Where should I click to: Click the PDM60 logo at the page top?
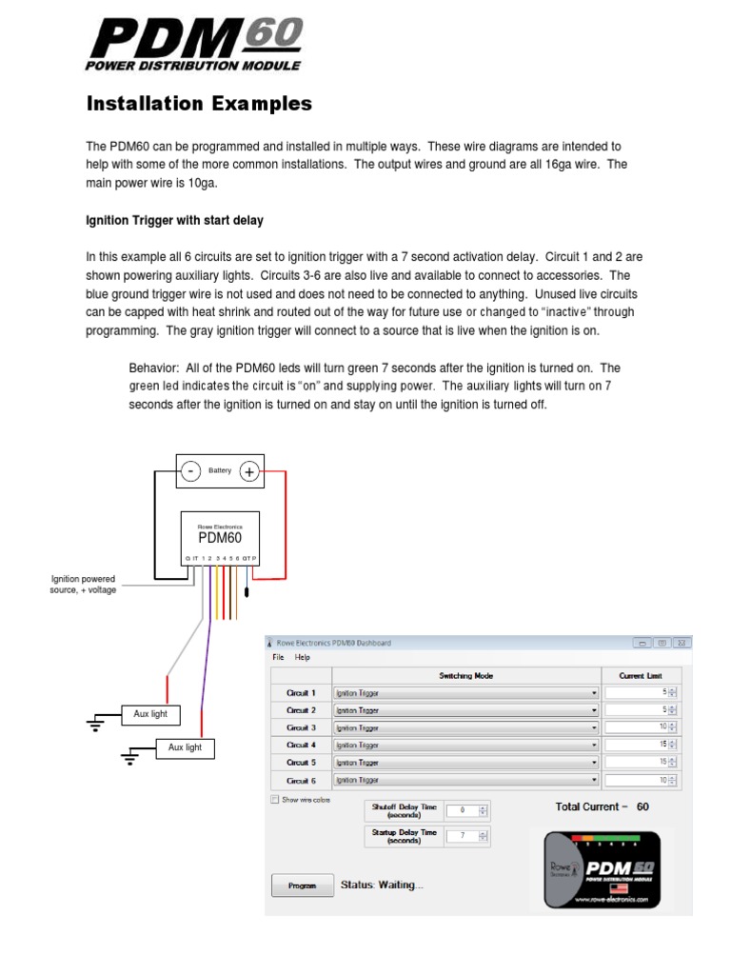[194, 46]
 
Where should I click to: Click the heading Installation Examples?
[199, 104]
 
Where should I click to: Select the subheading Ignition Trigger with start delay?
[174, 221]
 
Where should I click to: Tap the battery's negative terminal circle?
[191, 470]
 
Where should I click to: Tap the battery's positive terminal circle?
[249, 470]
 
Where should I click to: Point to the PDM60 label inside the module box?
[220, 538]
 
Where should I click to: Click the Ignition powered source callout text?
[83, 585]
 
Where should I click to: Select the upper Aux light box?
[150, 713]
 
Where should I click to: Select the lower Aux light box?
[186, 747]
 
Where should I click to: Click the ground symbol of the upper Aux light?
[94, 724]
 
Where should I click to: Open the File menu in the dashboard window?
[278, 657]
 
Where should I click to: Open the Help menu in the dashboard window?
[303, 657]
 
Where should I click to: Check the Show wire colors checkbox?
[276, 800]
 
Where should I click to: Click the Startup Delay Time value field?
[462, 837]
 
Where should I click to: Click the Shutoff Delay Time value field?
[462, 810]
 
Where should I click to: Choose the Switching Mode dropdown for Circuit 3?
[465, 727]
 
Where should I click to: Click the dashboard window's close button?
[682, 643]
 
